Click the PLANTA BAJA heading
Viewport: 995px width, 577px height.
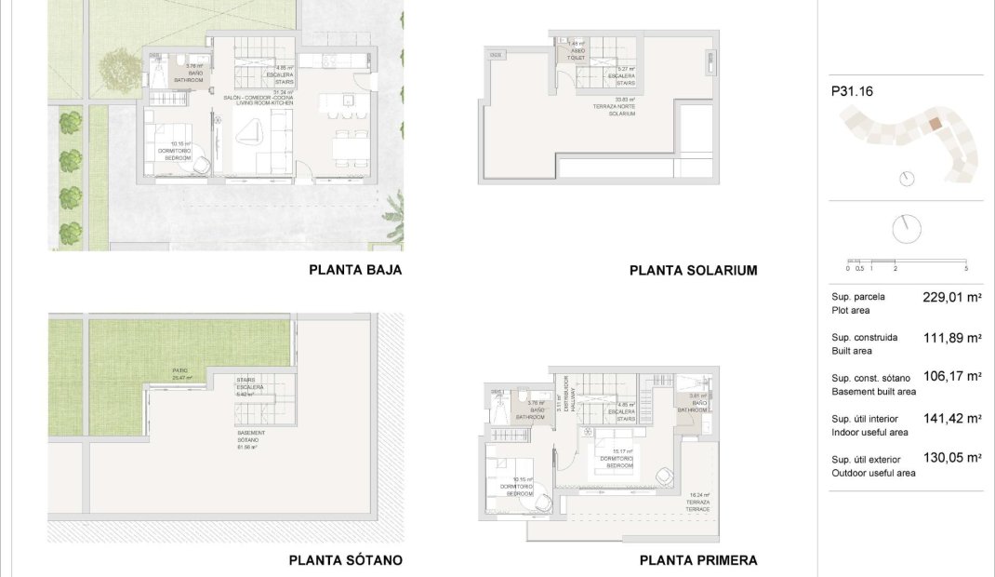(x=355, y=270)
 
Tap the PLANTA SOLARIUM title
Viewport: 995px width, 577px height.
(x=693, y=271)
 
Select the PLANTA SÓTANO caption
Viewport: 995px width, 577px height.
(x=345, y=560)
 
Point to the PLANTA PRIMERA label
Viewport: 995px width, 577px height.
(x=697, y=560)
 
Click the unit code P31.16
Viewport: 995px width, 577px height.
(x=852, y=92)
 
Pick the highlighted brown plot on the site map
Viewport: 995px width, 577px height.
(x=935, y=123)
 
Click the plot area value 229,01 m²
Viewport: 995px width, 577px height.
(x=952, y=298)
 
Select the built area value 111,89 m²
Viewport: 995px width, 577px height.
(x=952, y=338)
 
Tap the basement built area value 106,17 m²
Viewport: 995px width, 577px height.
(x=952, y=377)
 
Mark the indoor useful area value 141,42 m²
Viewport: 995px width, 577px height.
(x=952, y=419)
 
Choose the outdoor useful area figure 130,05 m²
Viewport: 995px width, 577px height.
(x=952, y=458)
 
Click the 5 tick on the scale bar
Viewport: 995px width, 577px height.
(x=966, y=269)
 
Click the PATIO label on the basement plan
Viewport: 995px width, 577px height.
(x=180, y=373)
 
